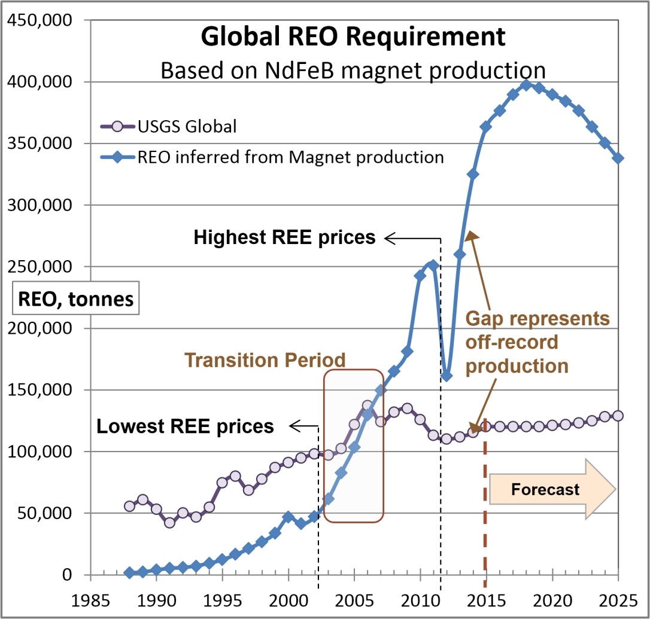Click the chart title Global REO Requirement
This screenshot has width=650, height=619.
[x=353, y=37]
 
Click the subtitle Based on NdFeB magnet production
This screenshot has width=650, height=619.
[x=353, y=70]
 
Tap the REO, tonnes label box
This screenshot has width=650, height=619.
[x=75, y=298]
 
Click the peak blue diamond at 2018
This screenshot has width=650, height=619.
[x=526, y=85]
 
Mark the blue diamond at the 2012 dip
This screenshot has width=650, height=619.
[x=447, y=376]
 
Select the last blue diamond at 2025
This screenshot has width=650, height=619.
[x=618, y=158]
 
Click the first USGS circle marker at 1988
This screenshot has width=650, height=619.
[x=130, y=506]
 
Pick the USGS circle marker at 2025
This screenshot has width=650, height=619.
[x=618, y=416]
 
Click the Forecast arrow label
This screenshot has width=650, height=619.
[x=545, y=490]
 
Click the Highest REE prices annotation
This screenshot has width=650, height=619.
[x=284, y=238]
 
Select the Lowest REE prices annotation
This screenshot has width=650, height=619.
[x=185, y=426]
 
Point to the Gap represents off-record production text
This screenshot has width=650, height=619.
[x=537, y=342]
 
